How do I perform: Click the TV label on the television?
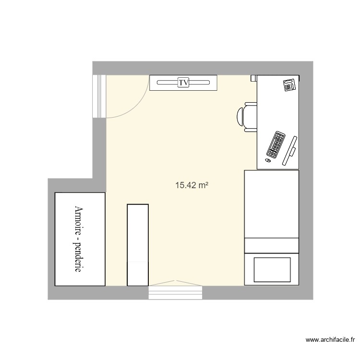pos(183,83)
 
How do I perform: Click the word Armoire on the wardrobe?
pos(80,224)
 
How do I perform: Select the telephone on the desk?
pos(289,85)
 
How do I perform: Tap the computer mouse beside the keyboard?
pos(268,160)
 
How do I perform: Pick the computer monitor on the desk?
pos(290,150)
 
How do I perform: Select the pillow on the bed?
pos(272,270)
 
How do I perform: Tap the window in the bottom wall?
pos(176,291)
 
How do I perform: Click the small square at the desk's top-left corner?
pos(253,77)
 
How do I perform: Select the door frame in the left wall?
pos(99,96)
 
